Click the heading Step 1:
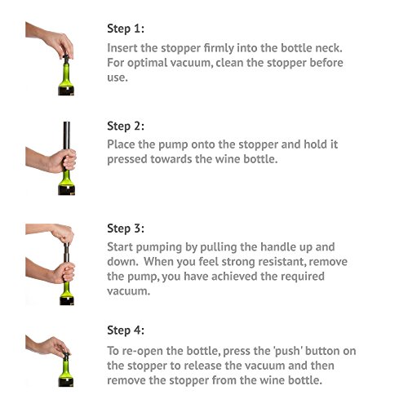pos(126,29)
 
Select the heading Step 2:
pos(126,126)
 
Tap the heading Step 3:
pos(126,228)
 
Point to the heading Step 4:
pos(126,330)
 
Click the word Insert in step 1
pos(122,48)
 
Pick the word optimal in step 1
pos(147,63)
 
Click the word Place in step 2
pos(121,144)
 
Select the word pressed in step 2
pos(127,159)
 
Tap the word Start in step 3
pos(120,247)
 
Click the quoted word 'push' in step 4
pos(288,352)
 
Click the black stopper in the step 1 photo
pos(66,59)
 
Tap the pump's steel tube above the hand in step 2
pos(67,135)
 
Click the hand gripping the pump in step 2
pos(62,161)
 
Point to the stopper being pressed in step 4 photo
pos(66,355)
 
